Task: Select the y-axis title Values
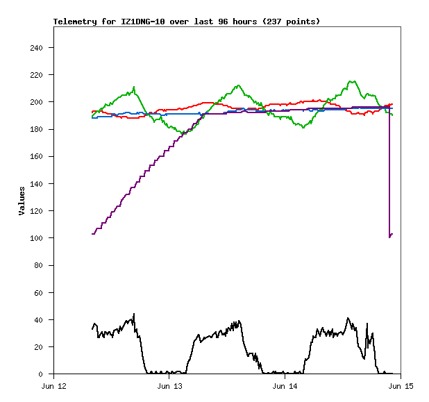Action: point(22,201)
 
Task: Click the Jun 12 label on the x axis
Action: point(53,386)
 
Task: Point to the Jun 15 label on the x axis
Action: point(401,386)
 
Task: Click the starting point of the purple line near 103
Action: point(92,234)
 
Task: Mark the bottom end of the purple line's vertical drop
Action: point(389,237)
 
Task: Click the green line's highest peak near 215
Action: point(351,81)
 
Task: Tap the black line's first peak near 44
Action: point(134,314)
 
